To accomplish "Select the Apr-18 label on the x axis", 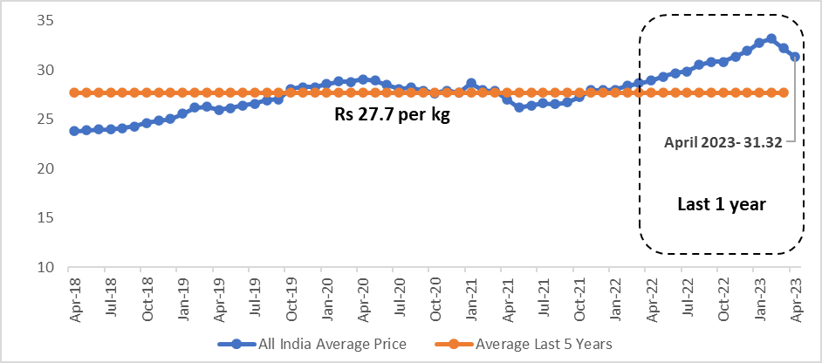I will (74, 297).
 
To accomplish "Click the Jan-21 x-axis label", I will (470, 297).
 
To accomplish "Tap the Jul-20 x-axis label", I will (399, 297).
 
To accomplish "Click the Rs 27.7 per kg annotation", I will (393, 114).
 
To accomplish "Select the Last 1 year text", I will (721, 204).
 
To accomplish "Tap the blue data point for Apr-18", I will (75, 131).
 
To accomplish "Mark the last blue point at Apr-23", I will (795, 57).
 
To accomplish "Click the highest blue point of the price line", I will (771, 38).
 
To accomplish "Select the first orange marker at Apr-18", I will (75, 92).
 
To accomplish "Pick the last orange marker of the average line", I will (784, 92).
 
